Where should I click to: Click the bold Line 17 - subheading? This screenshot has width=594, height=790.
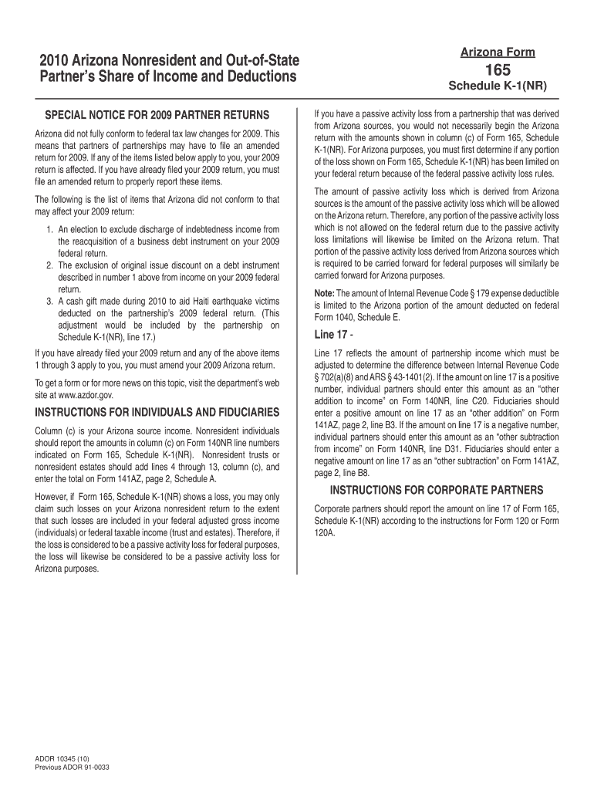click(x=333, y=334)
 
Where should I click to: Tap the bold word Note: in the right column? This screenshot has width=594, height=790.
click(x=324, y=294)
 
